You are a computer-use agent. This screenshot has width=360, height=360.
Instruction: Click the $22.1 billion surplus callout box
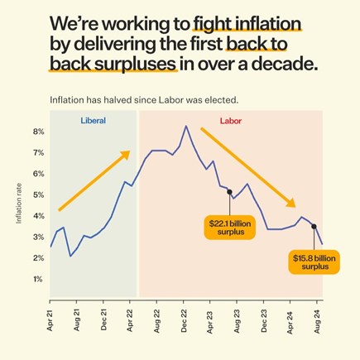click(230, 228)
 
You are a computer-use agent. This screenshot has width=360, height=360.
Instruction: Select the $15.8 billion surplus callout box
click(314, 262)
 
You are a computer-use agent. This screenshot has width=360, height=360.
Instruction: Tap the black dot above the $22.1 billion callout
click(229, 192)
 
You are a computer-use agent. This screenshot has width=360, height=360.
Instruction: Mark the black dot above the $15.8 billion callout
click(314, 227)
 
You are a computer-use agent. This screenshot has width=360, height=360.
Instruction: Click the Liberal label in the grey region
click(94, 121)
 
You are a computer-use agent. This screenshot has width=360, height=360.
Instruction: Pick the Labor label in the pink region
click(231, 121)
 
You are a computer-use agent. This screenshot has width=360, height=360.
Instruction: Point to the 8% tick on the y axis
click(39, 132)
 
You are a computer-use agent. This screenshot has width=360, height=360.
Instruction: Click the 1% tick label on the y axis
click(39, 279)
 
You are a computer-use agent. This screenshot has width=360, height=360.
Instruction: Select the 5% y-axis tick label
click(39, 194)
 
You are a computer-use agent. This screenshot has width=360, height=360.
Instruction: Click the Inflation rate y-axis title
click(19, 204)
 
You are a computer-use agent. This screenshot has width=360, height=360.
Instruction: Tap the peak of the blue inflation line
click(186, 126)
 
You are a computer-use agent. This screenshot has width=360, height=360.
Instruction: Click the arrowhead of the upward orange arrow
click(126, 155)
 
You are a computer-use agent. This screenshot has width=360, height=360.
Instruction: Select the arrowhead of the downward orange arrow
click(290, 203)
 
